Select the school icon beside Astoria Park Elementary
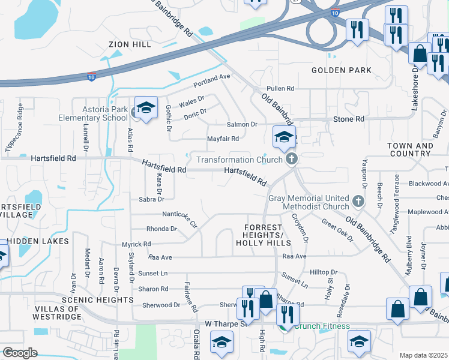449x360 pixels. (x=146, y=107)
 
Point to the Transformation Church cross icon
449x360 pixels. (x=292, y=159)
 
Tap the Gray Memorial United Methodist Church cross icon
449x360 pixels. (x=358, y=200)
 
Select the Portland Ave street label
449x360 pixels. (x=212, y=77)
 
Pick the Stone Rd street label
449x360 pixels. (x=349, y=119)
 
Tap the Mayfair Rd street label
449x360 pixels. (x=223, y=139)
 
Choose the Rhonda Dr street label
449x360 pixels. (x=162, y=229)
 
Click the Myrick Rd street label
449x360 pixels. (x=136, y=244)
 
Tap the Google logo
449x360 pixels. (x=20, y=353)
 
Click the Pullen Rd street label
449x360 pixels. (x=280, y=88)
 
